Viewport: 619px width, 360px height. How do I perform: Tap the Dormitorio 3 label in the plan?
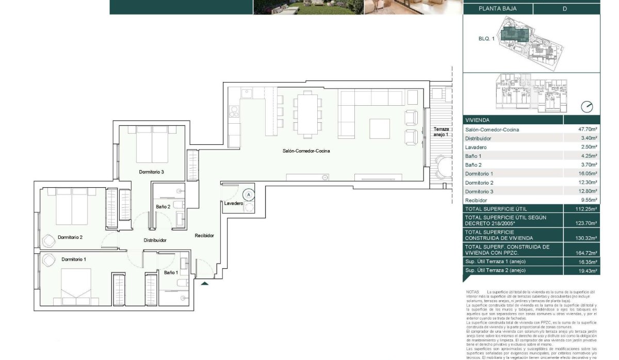[x=151, y=172]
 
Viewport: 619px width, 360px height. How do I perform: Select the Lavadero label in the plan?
[x=233, y=204]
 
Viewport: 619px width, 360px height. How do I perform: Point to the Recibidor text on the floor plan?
[x=204, y=236]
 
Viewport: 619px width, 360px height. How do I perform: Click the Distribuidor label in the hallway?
[x=155, y=240]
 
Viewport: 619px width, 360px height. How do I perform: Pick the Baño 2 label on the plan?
[x=163, y=207]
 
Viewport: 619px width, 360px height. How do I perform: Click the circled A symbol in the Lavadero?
[x=249, y=195]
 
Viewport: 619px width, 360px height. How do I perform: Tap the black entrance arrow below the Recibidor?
[x=205, y=283]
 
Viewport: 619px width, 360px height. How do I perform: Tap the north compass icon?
[x=587, y=107]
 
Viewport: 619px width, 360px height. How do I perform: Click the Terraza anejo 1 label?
[x=441, y=132]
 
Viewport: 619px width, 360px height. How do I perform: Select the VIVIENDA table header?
[x=477, y=120]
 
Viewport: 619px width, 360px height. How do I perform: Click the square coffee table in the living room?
[x=379, y=128]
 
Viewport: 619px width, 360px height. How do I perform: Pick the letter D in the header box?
[x=565, y=9]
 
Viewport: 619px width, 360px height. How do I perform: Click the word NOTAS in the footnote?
[x=473, y=292]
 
